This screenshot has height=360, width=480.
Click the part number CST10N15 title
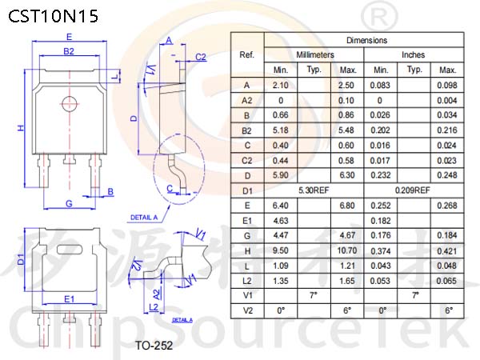53,16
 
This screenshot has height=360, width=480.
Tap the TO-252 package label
154,346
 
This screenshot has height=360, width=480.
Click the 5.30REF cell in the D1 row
314,190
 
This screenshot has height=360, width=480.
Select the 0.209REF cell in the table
413,190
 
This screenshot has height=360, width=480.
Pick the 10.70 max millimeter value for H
347,250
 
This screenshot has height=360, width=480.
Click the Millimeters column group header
315,54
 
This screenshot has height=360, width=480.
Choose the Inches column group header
414,54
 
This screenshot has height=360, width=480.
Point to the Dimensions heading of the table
366,40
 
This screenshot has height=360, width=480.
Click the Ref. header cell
246,54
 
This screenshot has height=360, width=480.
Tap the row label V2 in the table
248,310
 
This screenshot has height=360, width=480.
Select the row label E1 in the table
246,221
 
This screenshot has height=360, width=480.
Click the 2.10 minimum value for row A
281,85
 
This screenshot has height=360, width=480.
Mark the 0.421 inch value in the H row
447,251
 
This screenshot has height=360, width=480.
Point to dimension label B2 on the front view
69,51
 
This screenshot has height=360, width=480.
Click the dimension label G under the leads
69,203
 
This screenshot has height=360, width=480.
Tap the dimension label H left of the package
21,128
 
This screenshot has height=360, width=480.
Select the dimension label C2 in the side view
201,57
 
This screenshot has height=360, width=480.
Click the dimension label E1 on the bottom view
69,298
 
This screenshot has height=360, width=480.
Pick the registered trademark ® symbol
379,17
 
